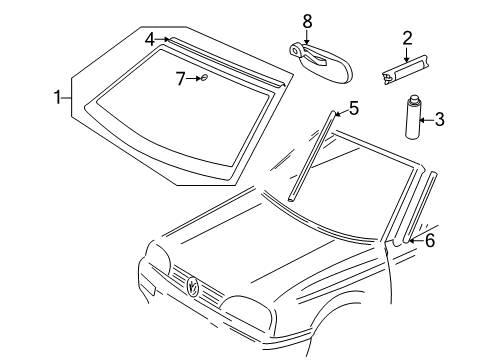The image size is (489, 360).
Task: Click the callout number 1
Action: coord(58,97)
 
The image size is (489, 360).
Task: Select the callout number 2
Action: coord(407,38)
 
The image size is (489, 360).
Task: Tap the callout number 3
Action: coord(440,120)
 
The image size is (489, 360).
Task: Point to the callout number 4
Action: coord(150,40)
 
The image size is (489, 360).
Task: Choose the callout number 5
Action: coord(354,108)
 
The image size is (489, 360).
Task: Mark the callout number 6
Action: coord(430,241)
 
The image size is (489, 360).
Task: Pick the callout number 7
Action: coord(180,79)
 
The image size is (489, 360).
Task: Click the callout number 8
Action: coord(307,21)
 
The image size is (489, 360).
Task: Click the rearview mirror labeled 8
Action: coord(320,62)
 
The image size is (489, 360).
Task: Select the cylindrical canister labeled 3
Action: coord(414,117)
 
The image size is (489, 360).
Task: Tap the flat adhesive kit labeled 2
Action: coord(405,70)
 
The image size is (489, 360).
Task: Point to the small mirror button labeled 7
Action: coord(204,78)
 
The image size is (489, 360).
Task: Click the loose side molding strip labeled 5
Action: coord(311,156)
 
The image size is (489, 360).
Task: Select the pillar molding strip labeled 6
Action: coord(419,208)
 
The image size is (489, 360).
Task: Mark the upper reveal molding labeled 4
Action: coord(227,62)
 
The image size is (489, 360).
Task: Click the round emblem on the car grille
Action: coord(193,285)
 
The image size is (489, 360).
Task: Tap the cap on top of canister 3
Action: coord(414,99)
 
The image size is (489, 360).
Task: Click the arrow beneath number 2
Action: coord(406,54)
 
